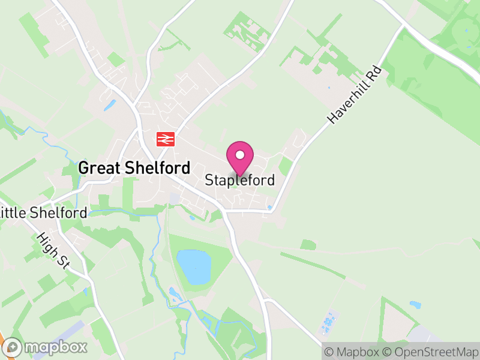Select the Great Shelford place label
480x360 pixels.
click(134, 168)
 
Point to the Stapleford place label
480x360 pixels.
click(240, 180)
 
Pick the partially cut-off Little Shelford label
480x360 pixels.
click(44, 212)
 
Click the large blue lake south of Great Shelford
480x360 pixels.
click(194, 267)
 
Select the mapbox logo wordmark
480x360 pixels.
click(56, 347)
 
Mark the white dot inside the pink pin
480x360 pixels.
click(240, 155)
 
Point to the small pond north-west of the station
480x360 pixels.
click(110, 106)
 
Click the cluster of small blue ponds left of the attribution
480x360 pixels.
click(328, 324)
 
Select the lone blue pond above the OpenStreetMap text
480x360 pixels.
click(415, 305)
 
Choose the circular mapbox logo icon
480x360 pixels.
click(14, 347)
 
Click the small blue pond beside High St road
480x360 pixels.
click(85, 292)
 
